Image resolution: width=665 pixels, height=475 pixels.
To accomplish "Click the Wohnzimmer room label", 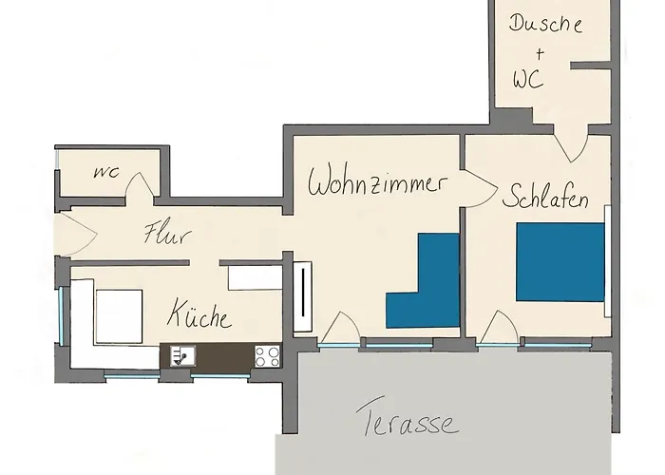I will coord(377,181).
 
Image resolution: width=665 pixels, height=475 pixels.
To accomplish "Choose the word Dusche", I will coord(545,23).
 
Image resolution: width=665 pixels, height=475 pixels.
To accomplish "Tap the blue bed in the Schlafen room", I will coord(560,262).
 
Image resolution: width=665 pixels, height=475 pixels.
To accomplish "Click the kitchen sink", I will coord(180,355).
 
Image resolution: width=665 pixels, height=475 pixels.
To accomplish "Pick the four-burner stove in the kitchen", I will coord(267,355).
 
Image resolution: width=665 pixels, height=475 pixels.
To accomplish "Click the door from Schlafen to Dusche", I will coord(572,144).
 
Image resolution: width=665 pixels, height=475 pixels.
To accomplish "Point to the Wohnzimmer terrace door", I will coord(338,330).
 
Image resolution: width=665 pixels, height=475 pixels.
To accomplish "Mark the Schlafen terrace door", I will coord(498,330).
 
